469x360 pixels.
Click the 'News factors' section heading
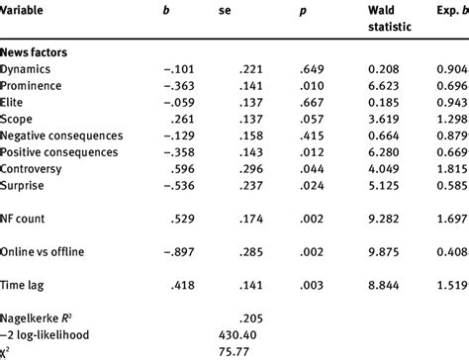[41, 50]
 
